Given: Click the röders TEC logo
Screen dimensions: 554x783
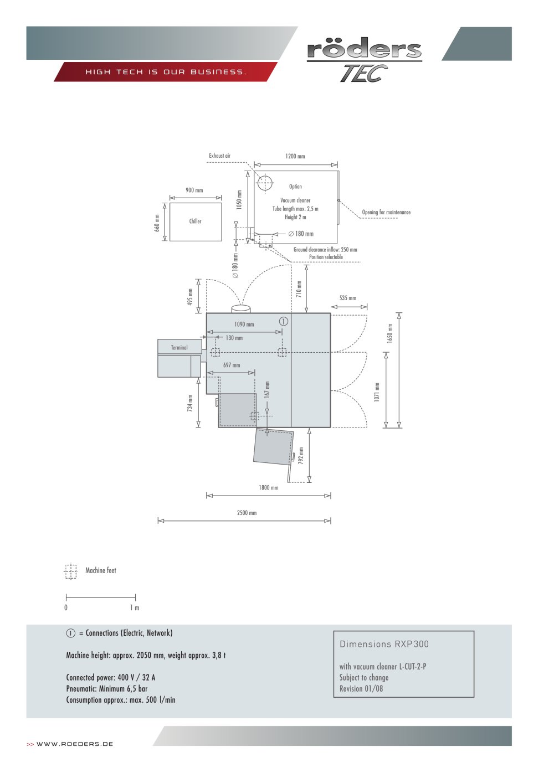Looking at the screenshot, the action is pos(365,60).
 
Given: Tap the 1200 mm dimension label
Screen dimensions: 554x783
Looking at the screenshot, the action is pos(295,156).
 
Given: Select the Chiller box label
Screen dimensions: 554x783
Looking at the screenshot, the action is pos(195,221).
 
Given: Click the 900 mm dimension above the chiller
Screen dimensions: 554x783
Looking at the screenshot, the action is pos(194,190).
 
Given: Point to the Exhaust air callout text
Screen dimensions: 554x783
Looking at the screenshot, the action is pos(219,156).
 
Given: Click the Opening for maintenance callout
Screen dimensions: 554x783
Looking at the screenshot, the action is pos(386,212).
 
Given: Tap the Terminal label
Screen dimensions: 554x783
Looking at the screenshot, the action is pos(179,347).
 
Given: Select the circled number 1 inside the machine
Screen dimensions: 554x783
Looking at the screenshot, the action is pos(283,321).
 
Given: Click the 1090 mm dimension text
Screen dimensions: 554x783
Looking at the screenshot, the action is pos(244,324).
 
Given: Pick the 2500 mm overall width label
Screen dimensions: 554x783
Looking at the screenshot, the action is pos(247,513).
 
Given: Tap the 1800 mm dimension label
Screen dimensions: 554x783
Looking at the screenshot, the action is pos(268,488).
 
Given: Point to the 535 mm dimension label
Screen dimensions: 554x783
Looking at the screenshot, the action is pos(348,298).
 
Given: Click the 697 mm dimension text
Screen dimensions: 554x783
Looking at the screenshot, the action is pos(232,365).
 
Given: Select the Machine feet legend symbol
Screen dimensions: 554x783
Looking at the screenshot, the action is pos(71,571).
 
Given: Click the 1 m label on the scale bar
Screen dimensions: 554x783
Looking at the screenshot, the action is pos(135,608).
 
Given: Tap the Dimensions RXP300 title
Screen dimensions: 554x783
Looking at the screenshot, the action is pos(384,644).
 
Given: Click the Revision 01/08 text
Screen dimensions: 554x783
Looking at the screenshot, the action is pos(361,689).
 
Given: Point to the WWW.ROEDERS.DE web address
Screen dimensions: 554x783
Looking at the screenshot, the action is pos(74,744).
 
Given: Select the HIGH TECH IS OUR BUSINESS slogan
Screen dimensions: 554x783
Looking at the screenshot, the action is pos(166,72).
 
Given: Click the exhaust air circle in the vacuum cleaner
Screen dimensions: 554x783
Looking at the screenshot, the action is pos(265,183).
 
